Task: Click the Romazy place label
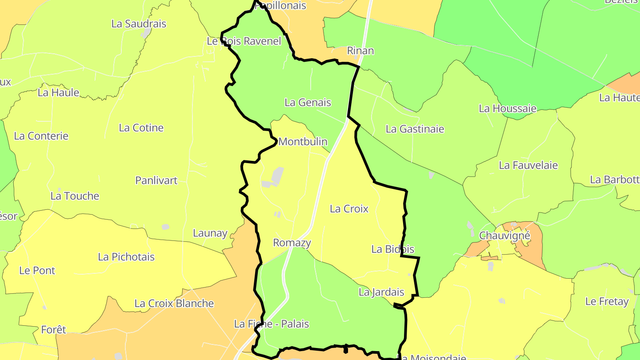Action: click(x=292, y=243)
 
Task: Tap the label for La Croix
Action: click(x=349, y=208)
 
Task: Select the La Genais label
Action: click(x=308, y=102)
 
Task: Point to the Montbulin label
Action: click(x=303, y=142)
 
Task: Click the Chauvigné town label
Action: click(x=504, y=235)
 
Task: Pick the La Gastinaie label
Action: click(x=415, y=129)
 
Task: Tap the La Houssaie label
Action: click(x=507, y=108)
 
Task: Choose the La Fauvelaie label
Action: click(x=528, y=165)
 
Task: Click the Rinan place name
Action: click(x=360, y=50)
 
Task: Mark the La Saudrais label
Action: click(x=139, y=24)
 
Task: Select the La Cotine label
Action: click(x=141, y=128)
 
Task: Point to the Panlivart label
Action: click(x=156, y=180)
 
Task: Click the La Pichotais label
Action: click(x=126, y=256)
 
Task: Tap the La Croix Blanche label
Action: click(x=174, y=304)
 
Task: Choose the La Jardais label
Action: click(x=381, y=292)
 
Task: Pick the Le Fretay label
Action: click(x=607, y=301)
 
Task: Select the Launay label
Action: click(x=210, y=233)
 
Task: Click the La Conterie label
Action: click(x=41, y=136)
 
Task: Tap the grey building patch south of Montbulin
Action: click(x=277, y=175)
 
